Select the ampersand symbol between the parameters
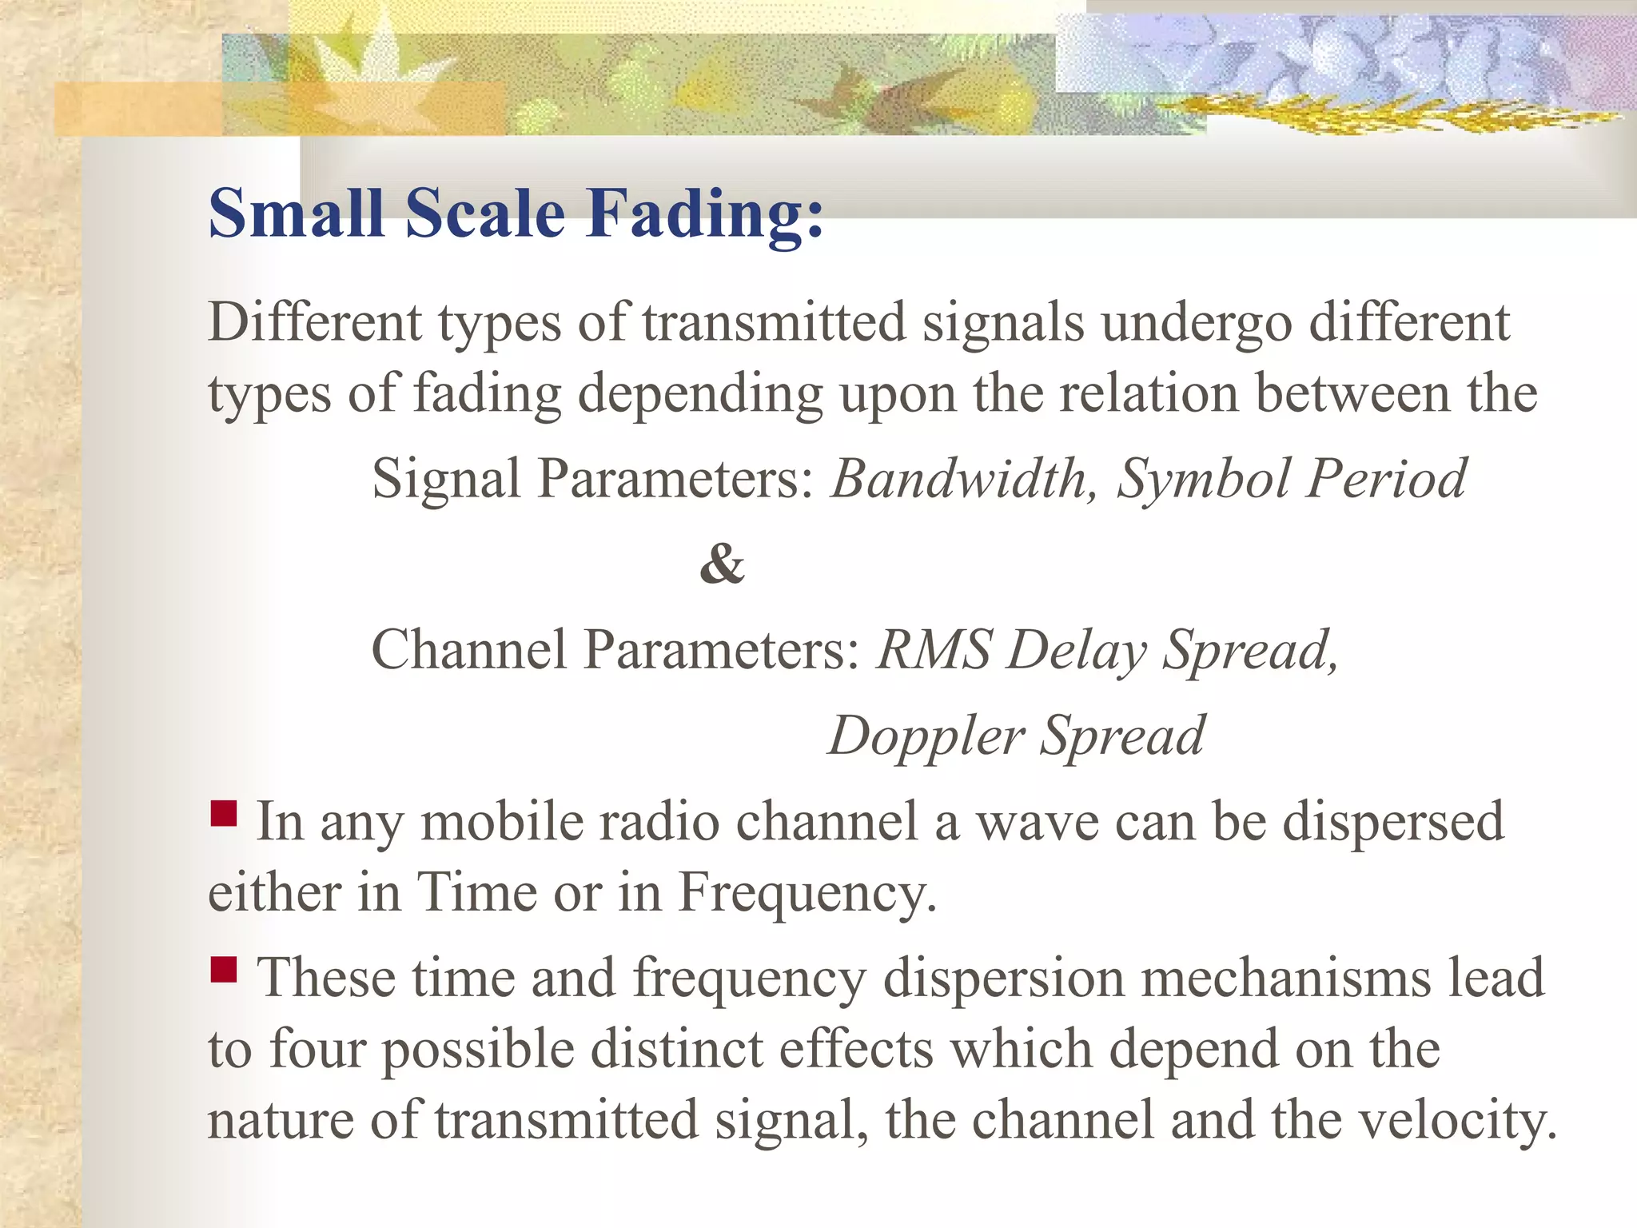[722, 564]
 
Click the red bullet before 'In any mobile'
[224, 814]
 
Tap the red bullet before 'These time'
[224, 970]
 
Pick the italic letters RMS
[934, 649]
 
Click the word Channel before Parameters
[468, 649]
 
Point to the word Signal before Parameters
[446, 480]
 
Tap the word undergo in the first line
[1197, 324]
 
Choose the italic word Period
[1387, 480]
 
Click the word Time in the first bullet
[476, 893]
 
